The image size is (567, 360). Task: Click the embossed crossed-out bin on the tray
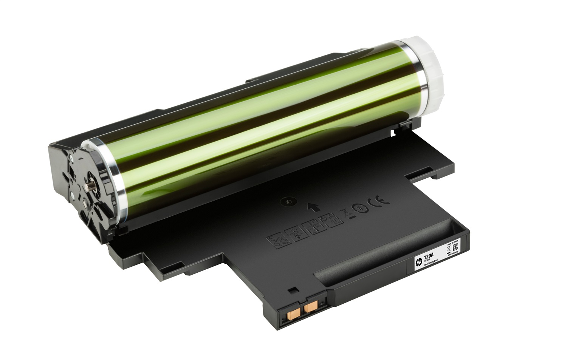click(345, 214)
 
